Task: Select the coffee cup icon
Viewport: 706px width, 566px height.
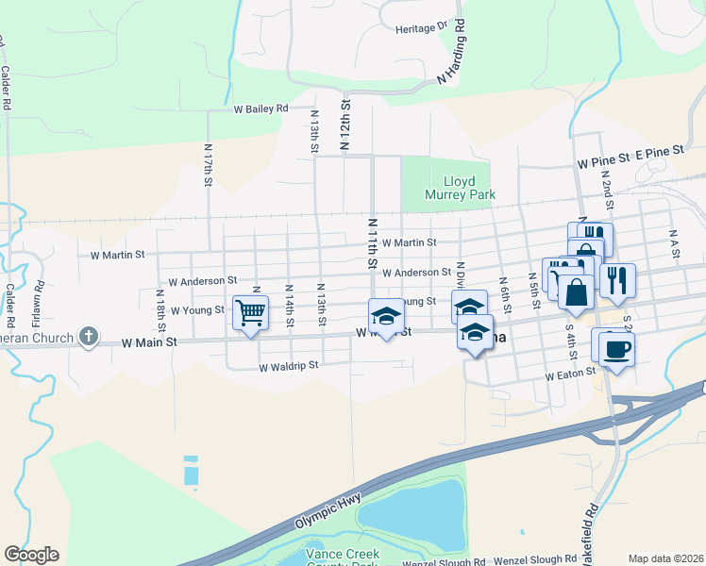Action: pos(615,348)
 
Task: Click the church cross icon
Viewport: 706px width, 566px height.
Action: pos(89,336)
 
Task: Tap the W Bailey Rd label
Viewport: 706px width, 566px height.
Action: pos(261,108)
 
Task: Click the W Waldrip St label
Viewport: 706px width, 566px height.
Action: pos(290,365)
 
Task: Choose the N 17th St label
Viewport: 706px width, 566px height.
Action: pos(209,166)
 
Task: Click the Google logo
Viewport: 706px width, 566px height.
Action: pos(31,555)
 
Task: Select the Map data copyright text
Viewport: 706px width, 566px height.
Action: pos(666,558)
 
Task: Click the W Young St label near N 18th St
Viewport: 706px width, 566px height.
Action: pos(196,309)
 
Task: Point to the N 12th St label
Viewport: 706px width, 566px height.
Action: pos(345,121)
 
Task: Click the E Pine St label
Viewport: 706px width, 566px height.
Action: pos(658,151)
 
